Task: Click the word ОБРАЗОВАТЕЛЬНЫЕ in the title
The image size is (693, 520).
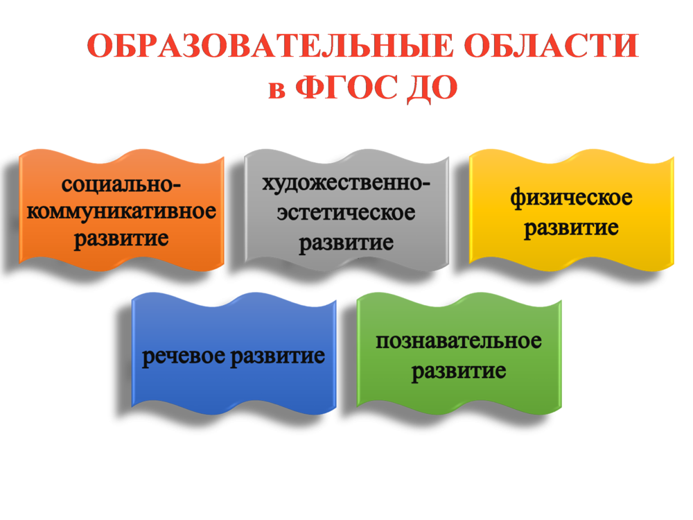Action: [x=271, y=46]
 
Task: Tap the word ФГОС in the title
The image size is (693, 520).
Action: [x=346, y=87]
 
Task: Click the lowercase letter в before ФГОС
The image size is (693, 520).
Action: [x=277, y=90]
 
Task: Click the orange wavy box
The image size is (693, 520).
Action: [x=121, y=210]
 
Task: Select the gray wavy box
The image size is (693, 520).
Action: [x=346, y=210]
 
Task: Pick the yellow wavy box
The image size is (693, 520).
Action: [x=572, y=210]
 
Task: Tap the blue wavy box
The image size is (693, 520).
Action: [x=234, y=354]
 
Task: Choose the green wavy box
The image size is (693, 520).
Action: [x=459, y=354]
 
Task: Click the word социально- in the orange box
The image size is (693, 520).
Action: [x=121, y=185]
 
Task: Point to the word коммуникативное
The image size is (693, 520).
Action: [x=121, y=211]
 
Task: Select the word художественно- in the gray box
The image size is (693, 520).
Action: [x=346, y=183]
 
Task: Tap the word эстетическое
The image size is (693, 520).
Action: [x=346, y=213]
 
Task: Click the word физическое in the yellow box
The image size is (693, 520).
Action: [x=571, y=198]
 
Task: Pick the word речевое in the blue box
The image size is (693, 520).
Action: [x=184, y=356]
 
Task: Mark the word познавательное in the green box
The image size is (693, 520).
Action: [x=459, y=342]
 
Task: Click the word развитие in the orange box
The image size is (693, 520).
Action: [x=121, y=240]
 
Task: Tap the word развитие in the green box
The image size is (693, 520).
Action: [x=459, y=372]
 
